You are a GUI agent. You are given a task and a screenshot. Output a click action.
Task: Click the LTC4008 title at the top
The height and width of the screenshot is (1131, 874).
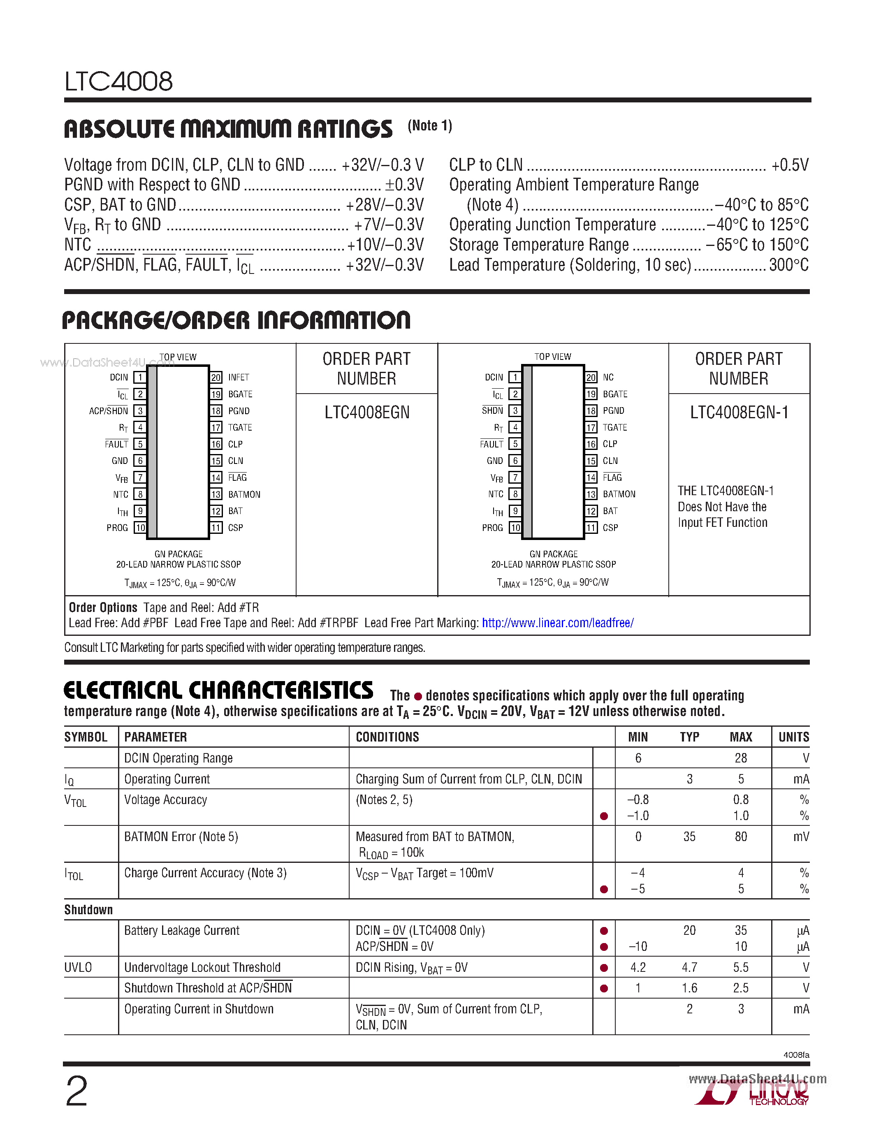pyautogui.click(x=118, y=81)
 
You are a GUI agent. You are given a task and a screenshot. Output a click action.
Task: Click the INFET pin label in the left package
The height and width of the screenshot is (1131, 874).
pyautogui.click(x=239, y=378)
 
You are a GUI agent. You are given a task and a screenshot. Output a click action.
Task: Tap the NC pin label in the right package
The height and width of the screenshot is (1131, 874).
pyautogui.click(x=608, y=378)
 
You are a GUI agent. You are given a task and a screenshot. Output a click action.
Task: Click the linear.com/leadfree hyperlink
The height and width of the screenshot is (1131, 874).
pyautogui.click(x=558, y=623)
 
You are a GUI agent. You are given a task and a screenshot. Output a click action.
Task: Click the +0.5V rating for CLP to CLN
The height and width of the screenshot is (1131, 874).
pyautogui.click(x=790, y=165)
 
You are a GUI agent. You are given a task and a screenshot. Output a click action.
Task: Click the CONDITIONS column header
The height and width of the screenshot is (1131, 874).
pyautogui.click(x=387, y=737)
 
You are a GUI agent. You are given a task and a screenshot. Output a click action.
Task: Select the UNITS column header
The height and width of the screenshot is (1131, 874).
pyautogui.click(x=793, y=737)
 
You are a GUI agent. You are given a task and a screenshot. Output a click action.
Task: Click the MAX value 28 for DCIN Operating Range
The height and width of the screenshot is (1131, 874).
pyautogui.click(x=740, y=758)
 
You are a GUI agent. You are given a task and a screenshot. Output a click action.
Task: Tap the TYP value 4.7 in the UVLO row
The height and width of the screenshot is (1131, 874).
pyautogui.click(x=689, y=967)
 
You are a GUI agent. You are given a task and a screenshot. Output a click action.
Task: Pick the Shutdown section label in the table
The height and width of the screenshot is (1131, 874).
pyautogui.click(x=88, y=910)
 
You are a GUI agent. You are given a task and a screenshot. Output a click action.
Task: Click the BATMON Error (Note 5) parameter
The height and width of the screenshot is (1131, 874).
pyautogui.click(x=181, y=837)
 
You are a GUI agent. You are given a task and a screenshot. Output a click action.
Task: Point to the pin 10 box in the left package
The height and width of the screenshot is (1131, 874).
pyautogui.click(x=140, y=528)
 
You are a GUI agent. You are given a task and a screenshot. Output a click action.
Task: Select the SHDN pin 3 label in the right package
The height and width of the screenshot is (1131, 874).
pyautogui.click(x=492, y=411)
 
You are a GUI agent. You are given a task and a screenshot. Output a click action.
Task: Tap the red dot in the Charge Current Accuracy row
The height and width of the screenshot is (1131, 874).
pyautogui.click(x=603, y=889)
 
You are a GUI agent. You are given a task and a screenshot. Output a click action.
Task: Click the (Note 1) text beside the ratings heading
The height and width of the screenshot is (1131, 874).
pyautogui.click(x=430, y=126)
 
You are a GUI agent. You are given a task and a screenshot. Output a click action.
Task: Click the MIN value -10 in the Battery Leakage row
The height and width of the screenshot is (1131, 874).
pyautogui.click(x=638, y=947)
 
